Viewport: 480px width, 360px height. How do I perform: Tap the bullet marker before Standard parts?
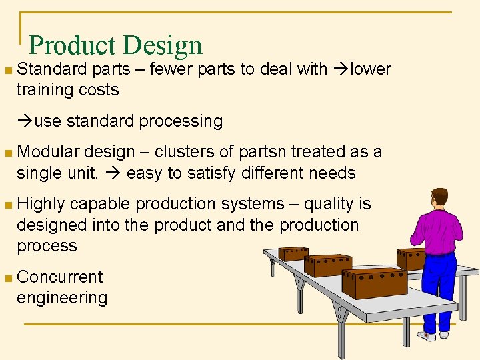pos(7,69)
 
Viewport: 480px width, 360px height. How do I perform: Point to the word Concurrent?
pos(60,277)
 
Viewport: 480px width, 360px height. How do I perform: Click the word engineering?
pos(62,297)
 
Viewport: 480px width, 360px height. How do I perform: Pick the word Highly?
pos(41,204)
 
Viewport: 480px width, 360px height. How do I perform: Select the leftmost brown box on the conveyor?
pos(293,253)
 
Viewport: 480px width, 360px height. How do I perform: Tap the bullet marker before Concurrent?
pos(7,277)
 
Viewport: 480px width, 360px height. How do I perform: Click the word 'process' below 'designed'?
pos(47,246)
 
